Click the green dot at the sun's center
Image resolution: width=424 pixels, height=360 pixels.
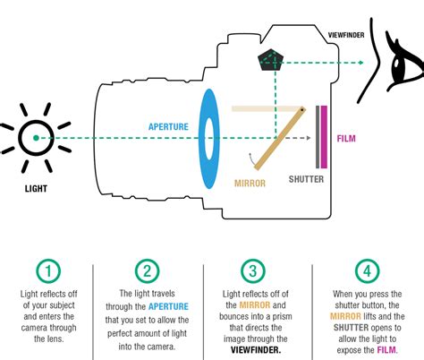[36, 138]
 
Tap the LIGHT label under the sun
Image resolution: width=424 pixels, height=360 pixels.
[36, 189]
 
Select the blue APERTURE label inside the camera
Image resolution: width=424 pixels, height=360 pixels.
[168, 126]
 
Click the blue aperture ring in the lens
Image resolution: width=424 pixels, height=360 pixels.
[209, 139]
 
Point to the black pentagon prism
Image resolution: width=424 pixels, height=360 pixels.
[271, 60]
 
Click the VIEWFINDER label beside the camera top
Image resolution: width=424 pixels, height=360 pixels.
[346, 35]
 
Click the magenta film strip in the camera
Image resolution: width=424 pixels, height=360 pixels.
[324, 137]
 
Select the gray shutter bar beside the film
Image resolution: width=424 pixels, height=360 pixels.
[318, 137]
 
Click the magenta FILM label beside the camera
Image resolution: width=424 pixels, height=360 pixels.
[346, 139]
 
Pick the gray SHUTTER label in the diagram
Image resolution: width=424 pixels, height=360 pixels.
[306, 179]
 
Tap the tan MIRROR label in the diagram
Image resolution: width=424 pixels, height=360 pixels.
[250, 183]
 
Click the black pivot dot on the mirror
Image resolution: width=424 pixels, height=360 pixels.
[301, 110]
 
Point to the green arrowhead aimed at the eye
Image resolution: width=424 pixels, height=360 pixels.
[361, 63]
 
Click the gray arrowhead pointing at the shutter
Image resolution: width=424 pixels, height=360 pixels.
[309, 138]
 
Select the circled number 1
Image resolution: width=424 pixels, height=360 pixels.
[48, 271]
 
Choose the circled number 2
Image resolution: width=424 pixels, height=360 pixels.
[147, 271]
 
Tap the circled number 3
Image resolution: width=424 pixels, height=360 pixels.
[253, 271]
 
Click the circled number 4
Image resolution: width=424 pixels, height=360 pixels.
[367, 271]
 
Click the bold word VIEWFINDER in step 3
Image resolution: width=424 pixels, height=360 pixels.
[256, 350]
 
